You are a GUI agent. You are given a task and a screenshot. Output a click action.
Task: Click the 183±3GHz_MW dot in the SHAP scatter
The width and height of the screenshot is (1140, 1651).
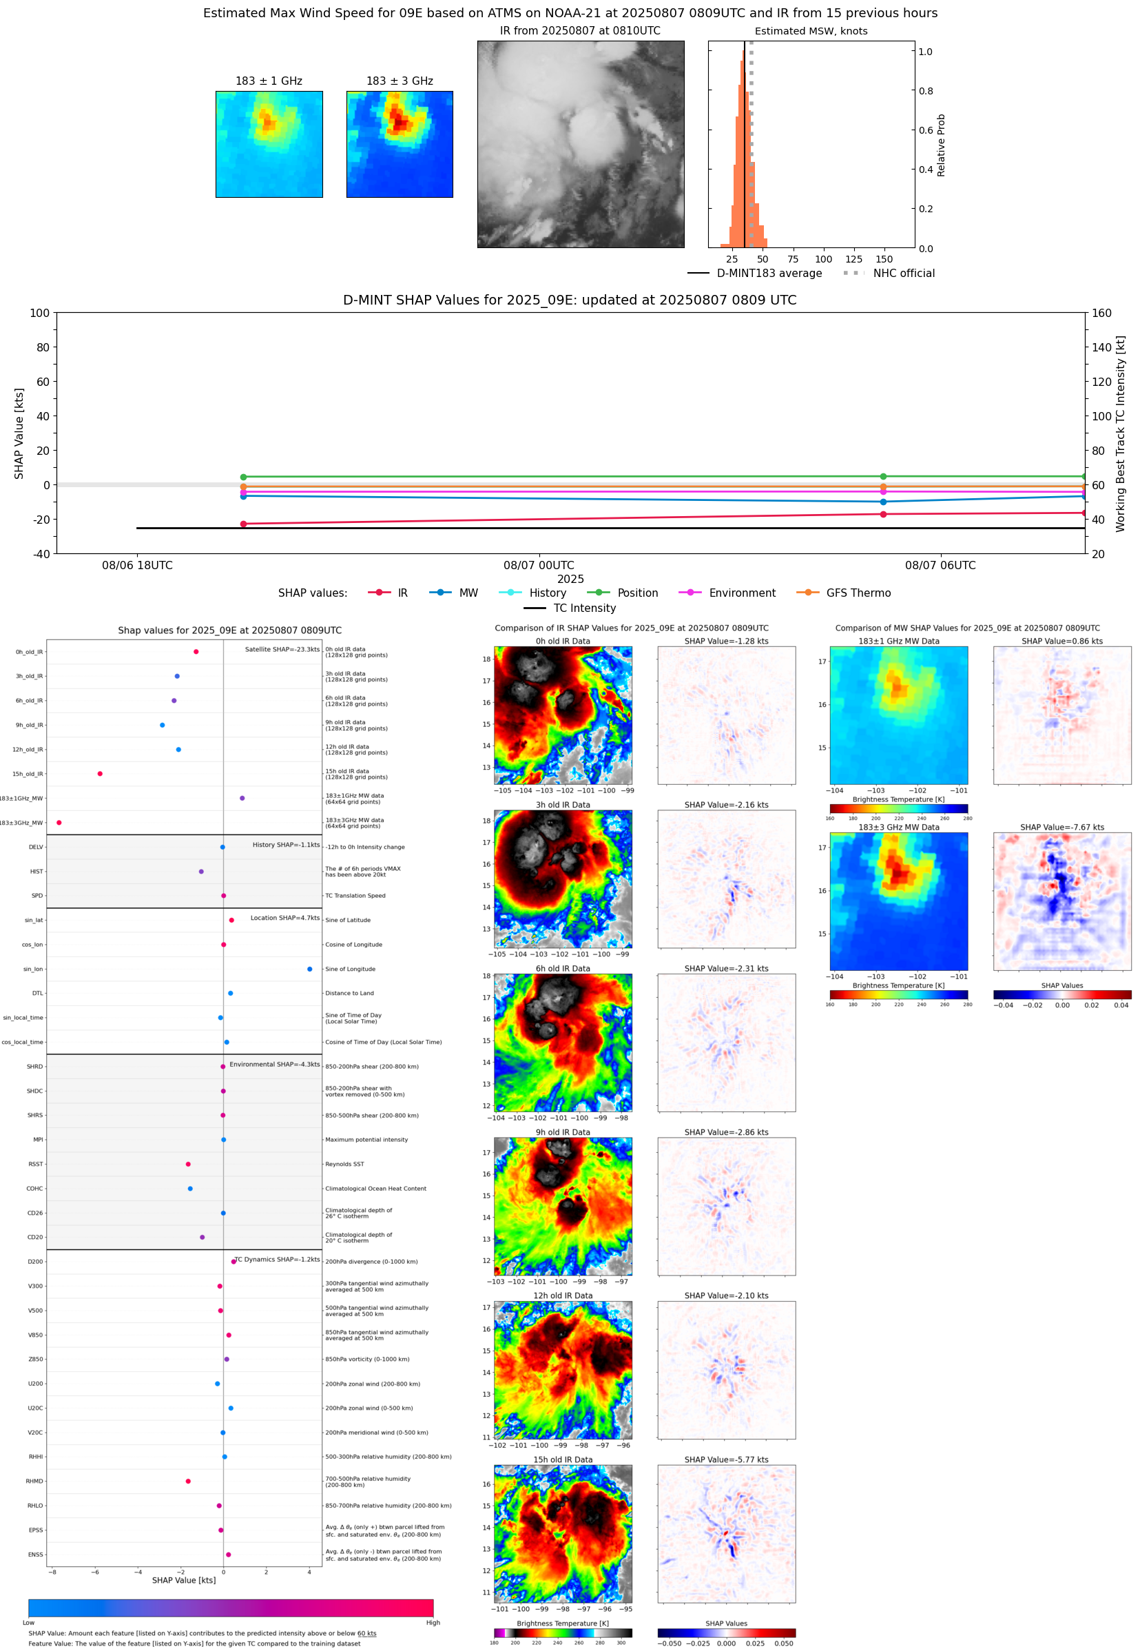point(59,822)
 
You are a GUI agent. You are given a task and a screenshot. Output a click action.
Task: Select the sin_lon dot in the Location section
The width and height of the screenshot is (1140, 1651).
point(309,969)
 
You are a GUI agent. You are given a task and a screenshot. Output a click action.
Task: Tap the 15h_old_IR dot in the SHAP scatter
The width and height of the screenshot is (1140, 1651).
point(100,774)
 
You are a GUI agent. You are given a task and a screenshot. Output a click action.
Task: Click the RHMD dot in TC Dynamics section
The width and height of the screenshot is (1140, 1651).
point(188,1481)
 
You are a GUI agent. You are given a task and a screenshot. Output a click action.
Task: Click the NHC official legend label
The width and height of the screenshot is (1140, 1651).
point(904,273)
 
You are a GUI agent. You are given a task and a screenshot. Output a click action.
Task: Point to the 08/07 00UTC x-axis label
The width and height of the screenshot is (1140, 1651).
point(539,565)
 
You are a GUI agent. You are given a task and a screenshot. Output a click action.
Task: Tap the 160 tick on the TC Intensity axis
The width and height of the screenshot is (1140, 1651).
point(1101,313)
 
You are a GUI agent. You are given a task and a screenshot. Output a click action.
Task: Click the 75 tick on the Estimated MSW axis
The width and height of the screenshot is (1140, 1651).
point(793,259)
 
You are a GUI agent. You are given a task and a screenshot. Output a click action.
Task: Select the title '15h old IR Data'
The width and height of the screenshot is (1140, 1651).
point(563,1459)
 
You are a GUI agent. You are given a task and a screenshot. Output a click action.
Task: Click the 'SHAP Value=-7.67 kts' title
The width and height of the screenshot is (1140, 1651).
point(1061,828)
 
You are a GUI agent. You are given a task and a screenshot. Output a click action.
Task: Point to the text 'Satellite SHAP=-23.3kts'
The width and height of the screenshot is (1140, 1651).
point(282,649)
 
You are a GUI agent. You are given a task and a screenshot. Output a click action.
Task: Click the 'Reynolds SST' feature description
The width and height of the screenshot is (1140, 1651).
point(345,1164)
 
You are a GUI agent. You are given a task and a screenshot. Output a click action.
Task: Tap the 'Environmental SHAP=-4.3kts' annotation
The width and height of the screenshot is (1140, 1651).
point(274,1065)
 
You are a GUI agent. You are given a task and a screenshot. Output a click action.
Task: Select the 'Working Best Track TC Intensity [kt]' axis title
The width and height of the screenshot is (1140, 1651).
point(1120,433)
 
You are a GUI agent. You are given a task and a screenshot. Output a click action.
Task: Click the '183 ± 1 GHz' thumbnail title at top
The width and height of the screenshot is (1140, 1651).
point(269,81)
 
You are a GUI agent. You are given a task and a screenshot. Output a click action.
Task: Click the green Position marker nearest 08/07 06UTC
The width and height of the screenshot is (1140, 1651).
point(883,477)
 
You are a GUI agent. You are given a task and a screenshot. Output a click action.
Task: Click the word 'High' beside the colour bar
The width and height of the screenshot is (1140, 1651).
point(433,1623)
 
